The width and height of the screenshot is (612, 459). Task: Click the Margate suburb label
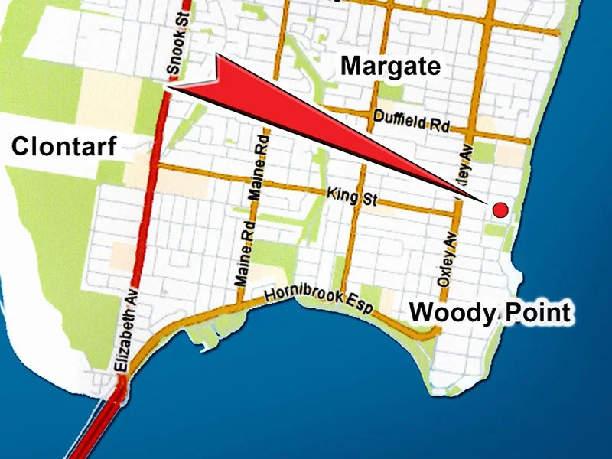pos(391,67)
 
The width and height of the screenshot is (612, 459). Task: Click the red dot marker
pos(500,210)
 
